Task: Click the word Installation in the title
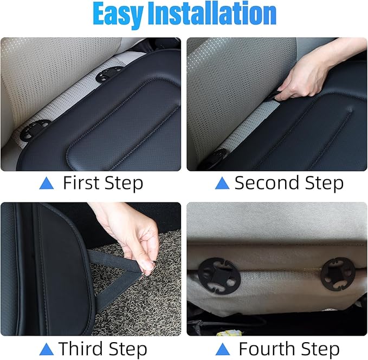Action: [215, 15]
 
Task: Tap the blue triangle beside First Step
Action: [48, 184]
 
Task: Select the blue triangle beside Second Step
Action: [222, 184]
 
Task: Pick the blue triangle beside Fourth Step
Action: [223, 349]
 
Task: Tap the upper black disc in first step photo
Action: [110, 75]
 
